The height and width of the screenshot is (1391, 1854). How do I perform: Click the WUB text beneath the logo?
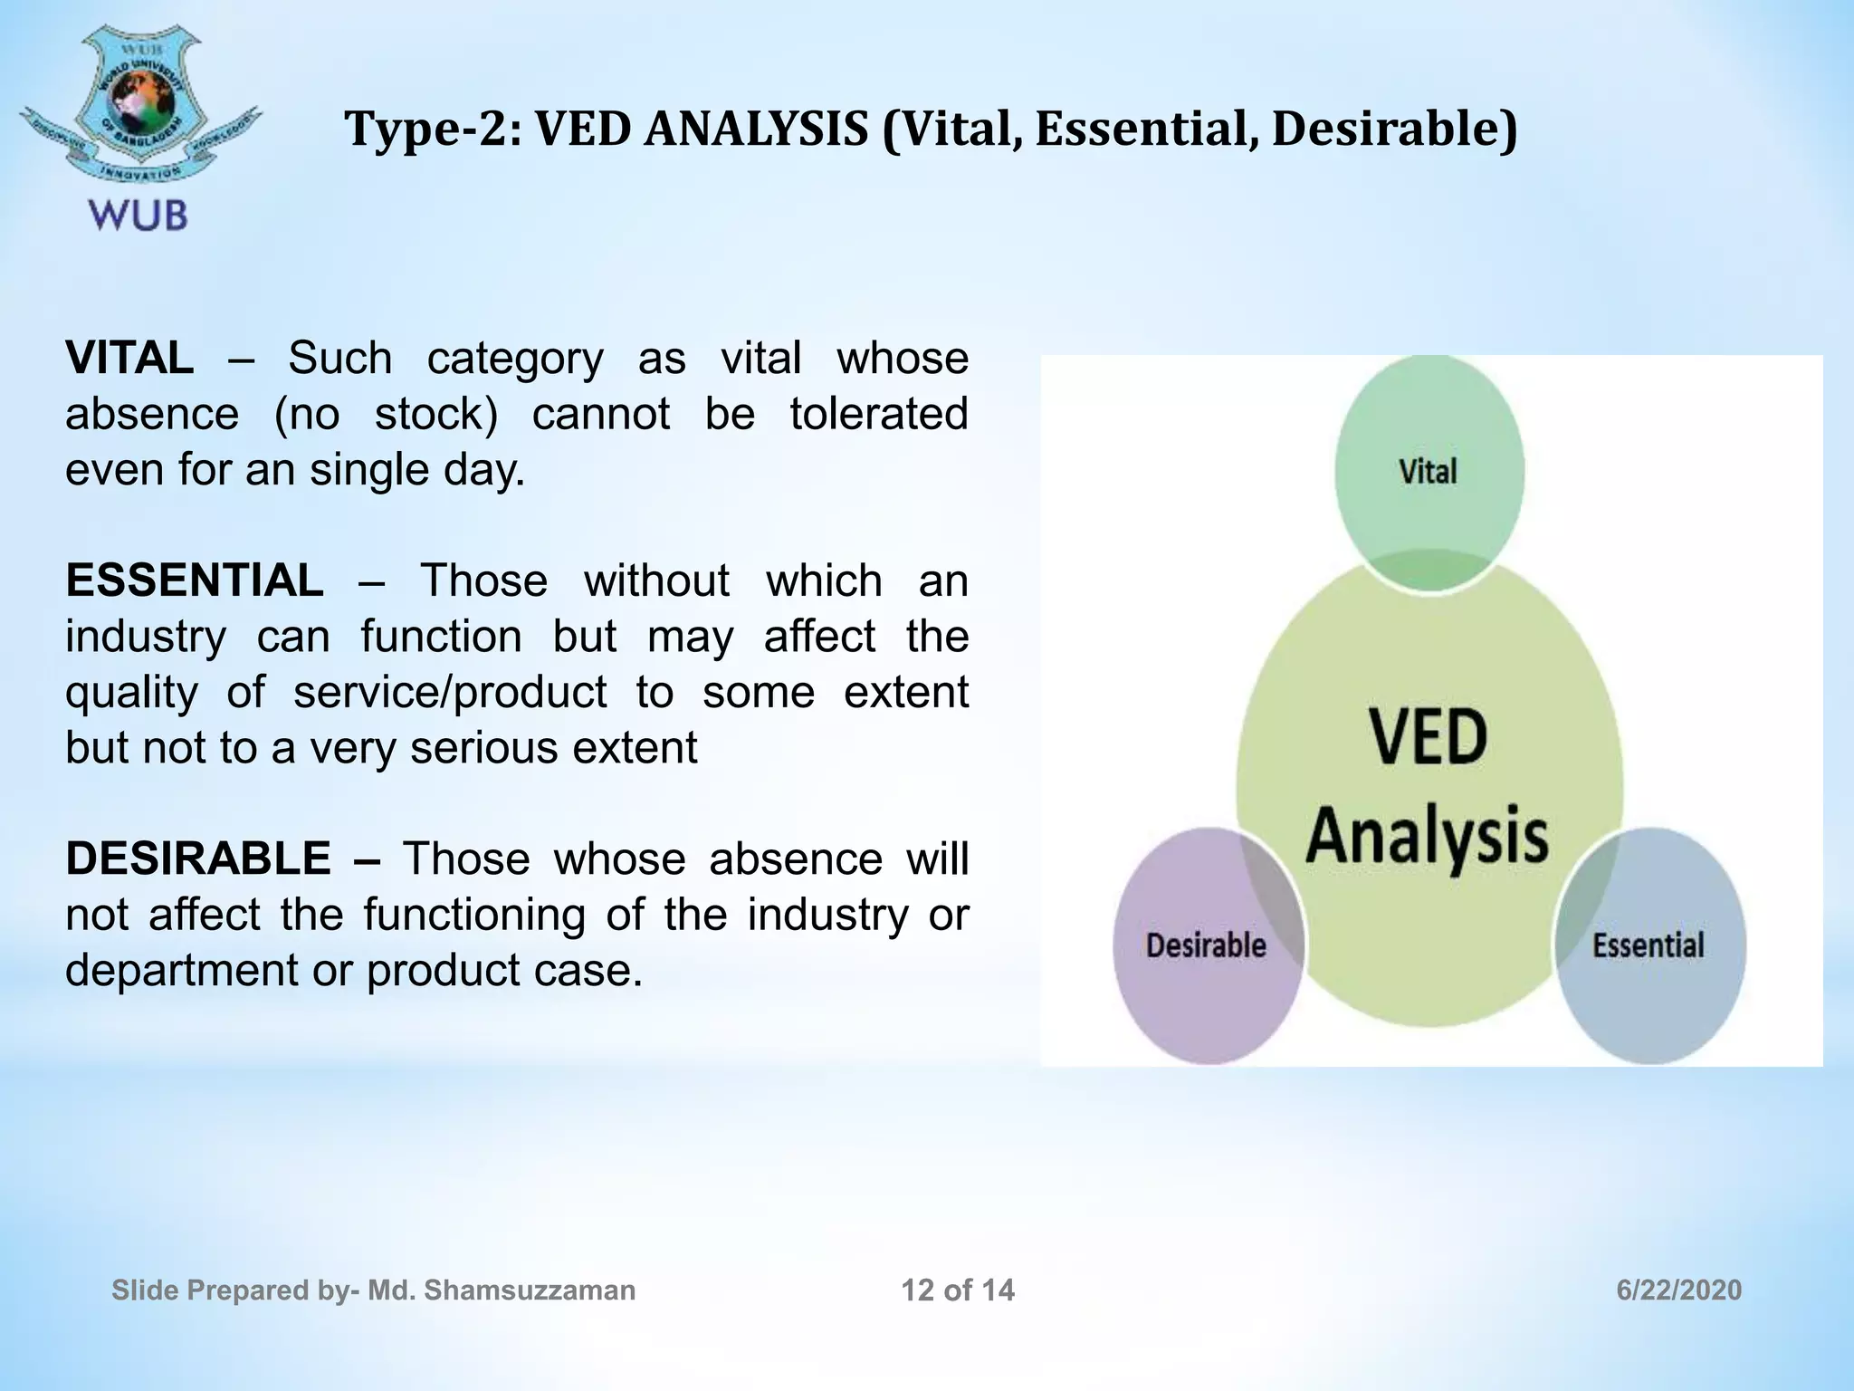click(x=139, y=216)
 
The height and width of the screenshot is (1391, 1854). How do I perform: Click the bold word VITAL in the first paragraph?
click(x=129, y=358)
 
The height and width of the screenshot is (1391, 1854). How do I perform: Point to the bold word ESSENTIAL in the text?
click(x=195, y=580)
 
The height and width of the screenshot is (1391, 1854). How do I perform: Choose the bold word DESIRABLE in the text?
click(x=198, y=859)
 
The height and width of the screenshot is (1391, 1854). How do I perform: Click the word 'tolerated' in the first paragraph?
click(x=878, y=414)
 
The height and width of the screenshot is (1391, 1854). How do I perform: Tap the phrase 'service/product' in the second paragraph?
click(x=450, y=692)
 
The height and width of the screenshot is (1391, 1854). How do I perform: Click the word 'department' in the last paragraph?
click(x=181, y=970)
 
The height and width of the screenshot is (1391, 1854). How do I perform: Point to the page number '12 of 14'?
click(x=958, y=1290)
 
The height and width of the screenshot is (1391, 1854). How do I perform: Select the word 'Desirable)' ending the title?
click(x=1394, y=129)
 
